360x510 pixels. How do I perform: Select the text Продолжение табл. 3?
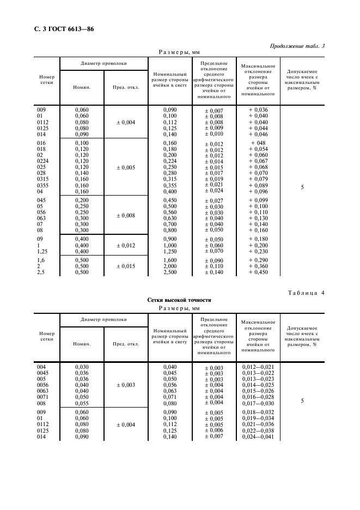tap(297, 46)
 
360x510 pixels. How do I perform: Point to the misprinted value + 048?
tap(258, 143)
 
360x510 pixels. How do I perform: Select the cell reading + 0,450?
tap(258, 272)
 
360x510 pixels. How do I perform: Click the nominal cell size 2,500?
tap(171, 272)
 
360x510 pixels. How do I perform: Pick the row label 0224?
tap(42, 161)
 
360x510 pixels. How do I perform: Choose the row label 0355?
tap(42, 185)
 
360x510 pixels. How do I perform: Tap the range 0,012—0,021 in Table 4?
tap(258, 367)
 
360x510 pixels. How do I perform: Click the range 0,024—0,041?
tap(258, 437)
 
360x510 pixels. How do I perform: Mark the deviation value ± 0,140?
tap(213, 272)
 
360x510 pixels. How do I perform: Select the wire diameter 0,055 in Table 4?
tap(81, 403)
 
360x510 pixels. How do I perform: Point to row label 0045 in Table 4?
tap(42, 373)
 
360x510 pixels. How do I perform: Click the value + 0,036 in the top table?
tap(258, 110)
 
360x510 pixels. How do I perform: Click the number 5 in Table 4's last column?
tap(302, 400)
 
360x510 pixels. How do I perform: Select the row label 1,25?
tap(41, 251)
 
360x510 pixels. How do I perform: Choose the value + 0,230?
tap(258, 251)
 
